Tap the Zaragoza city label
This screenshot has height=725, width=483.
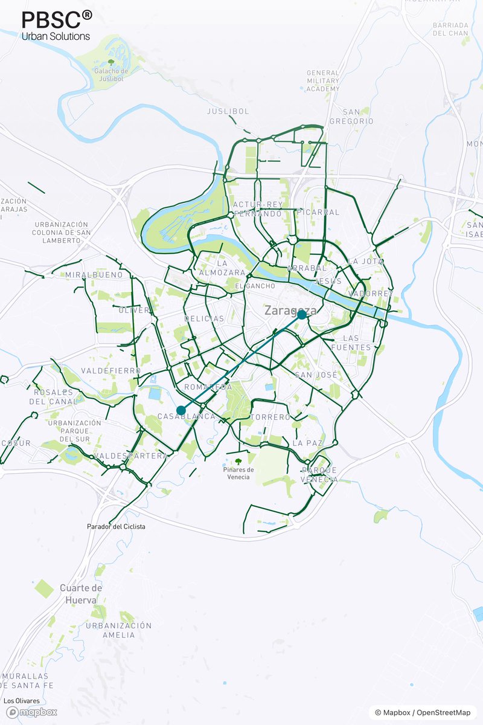tap(290, 311)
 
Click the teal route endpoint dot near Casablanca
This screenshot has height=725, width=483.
tap(181, 410)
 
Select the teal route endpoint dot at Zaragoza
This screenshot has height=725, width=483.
tap(301, 315)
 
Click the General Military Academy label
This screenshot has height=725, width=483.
tap(323, 81)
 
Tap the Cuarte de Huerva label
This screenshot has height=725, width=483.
tap(81, 594)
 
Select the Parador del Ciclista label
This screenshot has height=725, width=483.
tap(116, 527)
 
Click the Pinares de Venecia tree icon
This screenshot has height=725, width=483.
tap(238, 462)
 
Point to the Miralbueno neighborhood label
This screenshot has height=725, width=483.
tap(94, 275)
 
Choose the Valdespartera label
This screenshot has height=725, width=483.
tap(131, 456)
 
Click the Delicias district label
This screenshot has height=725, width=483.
tap(204, 318)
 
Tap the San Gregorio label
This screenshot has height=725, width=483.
tap(351, 117)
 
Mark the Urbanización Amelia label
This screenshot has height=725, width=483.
tap(118, 630)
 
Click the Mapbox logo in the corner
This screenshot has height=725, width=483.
tap(32, 712)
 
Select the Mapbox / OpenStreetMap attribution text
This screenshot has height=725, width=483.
tap(422, 713)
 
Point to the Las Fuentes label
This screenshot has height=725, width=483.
tap(356, 343)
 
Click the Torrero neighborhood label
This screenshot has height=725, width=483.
tap(270, 417)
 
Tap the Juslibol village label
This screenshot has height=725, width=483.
tap(228, 112)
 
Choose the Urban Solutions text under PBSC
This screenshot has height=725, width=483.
tap(56, 36)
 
